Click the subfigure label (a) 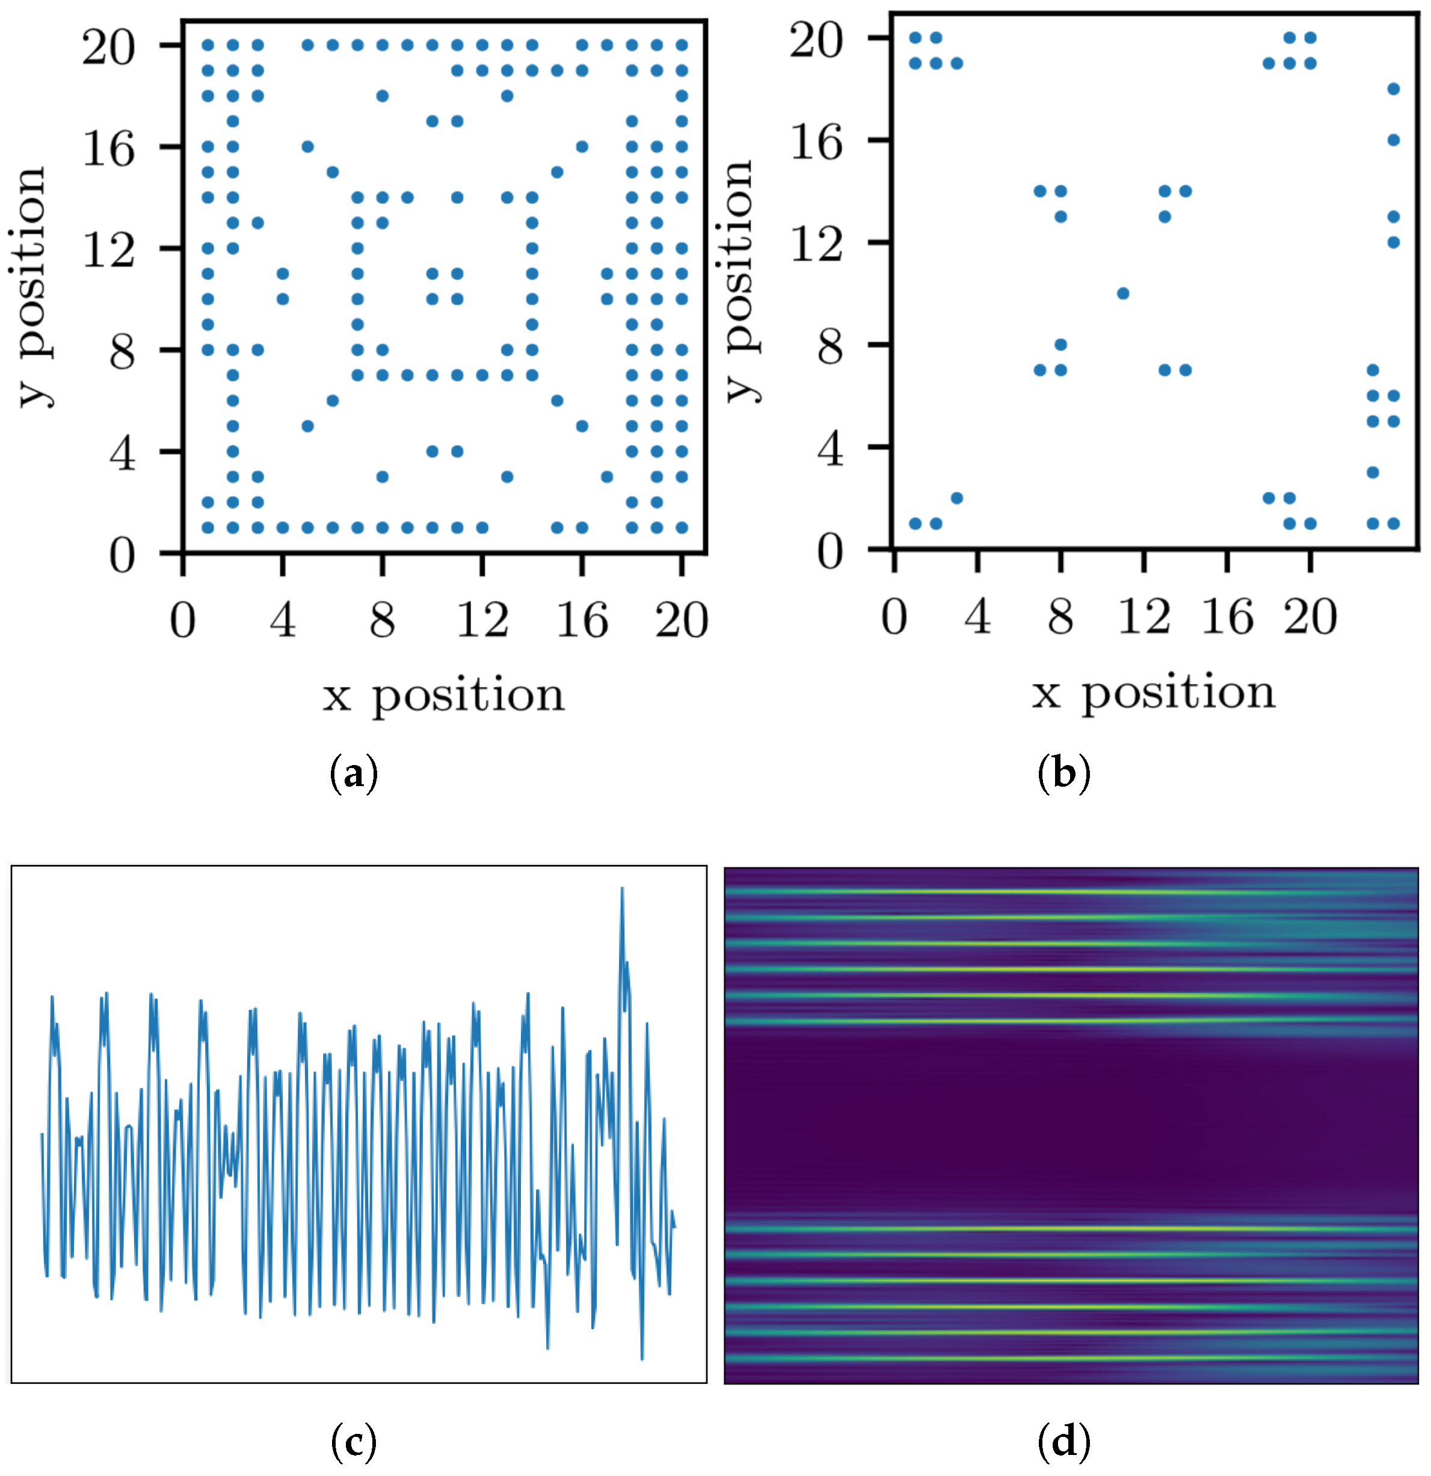[353, 774]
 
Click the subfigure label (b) [1063, 774]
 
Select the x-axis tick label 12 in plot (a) [482, 621]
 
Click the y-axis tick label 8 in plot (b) [830, 347]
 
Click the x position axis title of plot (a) [443, 694]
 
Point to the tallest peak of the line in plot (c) [622, 888]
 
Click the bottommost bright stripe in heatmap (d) [1069, 1359]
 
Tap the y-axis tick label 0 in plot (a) [122, 556]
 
